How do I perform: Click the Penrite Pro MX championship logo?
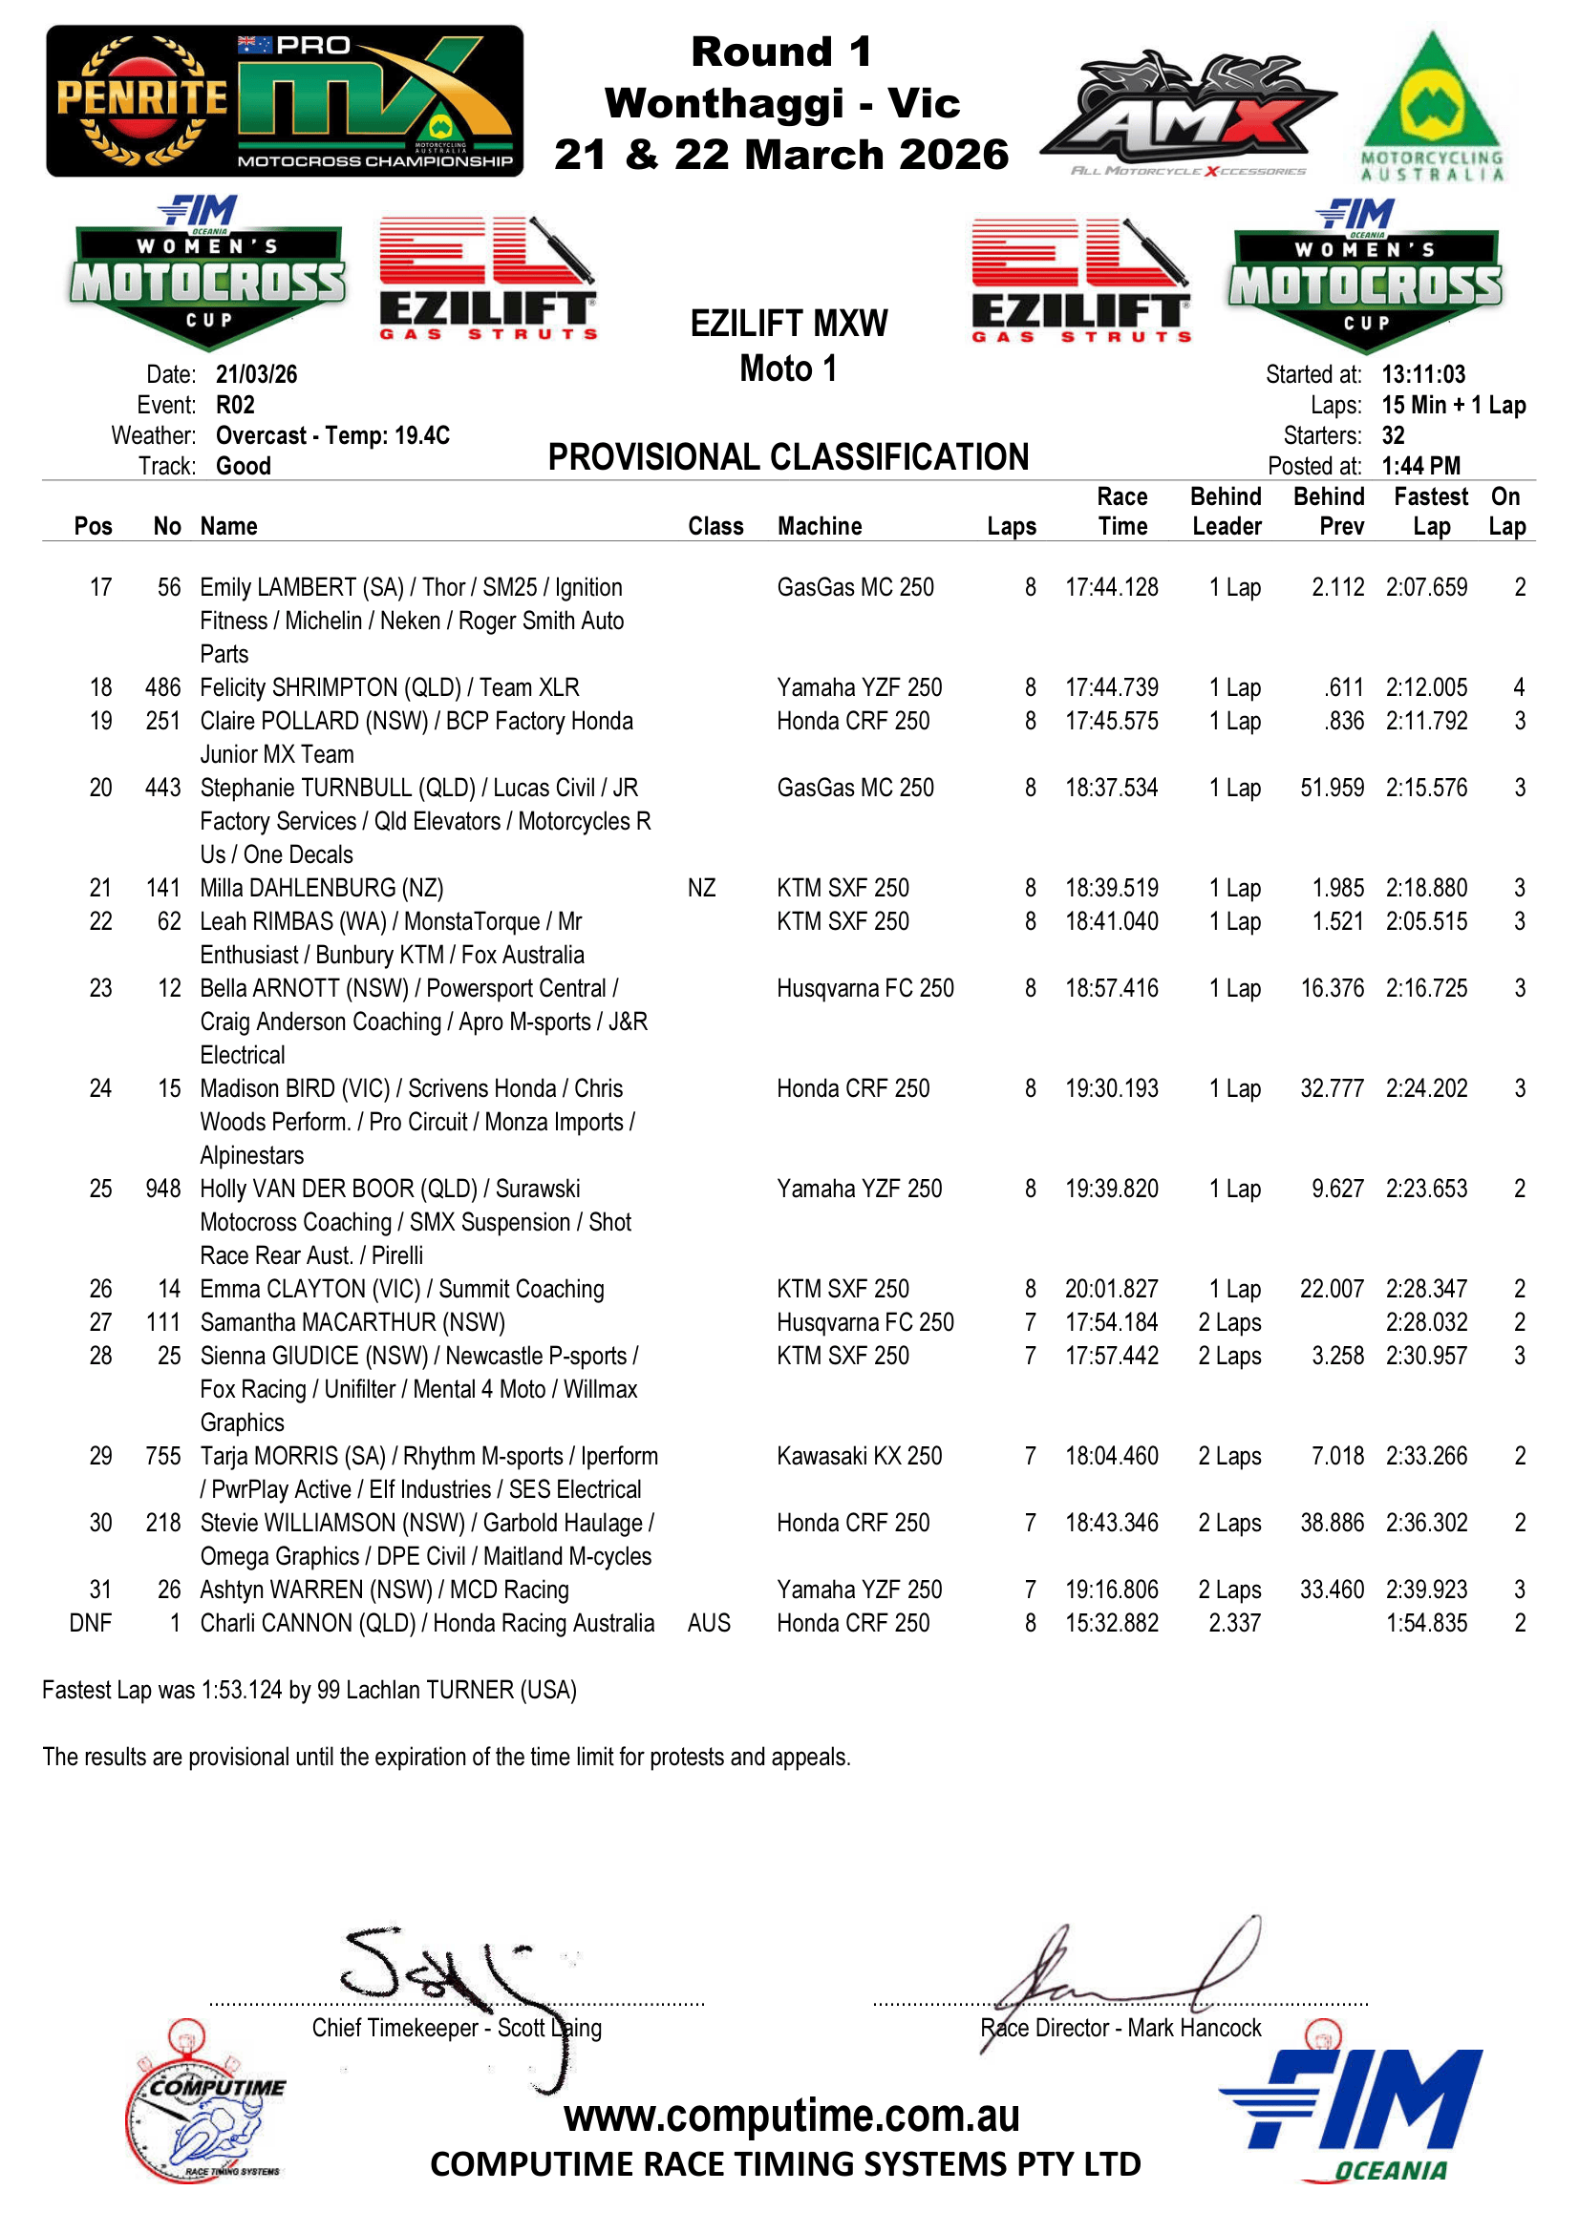tap(284, 101)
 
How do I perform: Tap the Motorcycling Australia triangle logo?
tap(1431, 107)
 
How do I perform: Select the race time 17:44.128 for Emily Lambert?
tap(1111, 587)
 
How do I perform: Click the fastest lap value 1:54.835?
tap(1426, 1623)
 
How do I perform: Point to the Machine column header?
tap(820, 526)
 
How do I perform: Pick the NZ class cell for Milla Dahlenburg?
tap(700, 888)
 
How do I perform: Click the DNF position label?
tap(91, 1623)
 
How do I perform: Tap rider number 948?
tap(162, 1189)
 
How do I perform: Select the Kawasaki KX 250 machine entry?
tap(859, 1456)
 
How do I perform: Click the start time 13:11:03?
tap(1422, 374)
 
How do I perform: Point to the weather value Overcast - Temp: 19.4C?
tap(332, 435)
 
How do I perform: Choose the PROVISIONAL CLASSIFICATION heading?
tap(788, 457)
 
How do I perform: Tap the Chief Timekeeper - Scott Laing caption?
tap(457, 2028)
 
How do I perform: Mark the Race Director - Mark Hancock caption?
tap(1120, 2028)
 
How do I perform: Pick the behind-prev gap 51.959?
tap(1332, 788)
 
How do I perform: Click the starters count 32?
tap(1392, 435)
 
